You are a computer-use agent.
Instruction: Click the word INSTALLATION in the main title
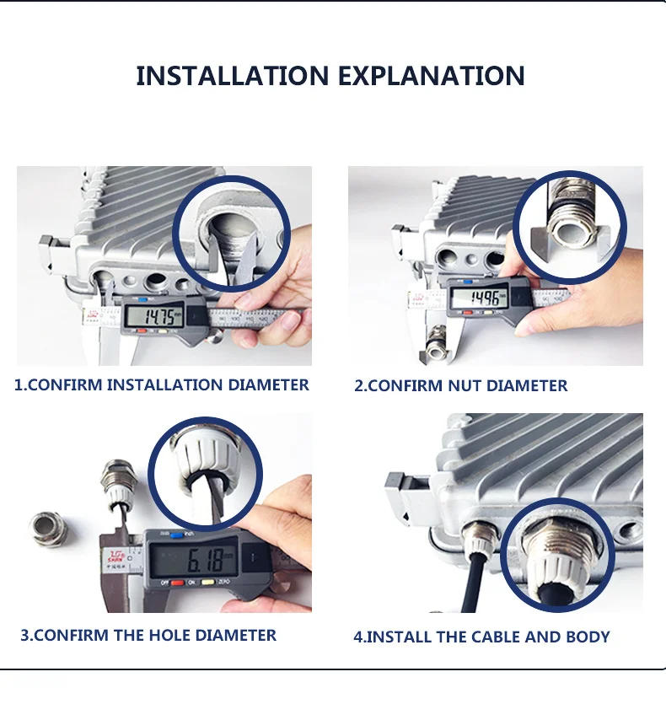(x=229, y=75)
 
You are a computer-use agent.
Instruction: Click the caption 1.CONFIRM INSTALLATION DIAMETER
(x=162, y=385)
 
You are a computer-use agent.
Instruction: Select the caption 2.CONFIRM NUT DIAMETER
(x=460, y=386)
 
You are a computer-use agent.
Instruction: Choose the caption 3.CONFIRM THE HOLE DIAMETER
(x=148, y=635)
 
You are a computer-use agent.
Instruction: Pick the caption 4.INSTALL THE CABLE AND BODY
(x=481, y=637)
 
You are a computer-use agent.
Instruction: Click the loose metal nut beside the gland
(x=49, y=526)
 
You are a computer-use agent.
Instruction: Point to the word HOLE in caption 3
(x=177, y=635)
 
